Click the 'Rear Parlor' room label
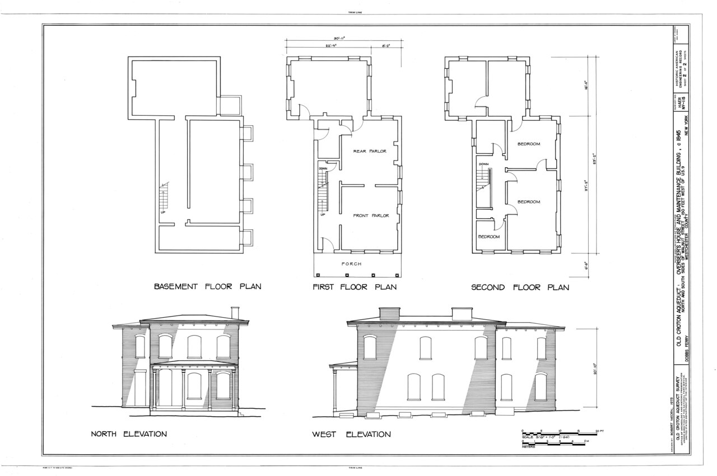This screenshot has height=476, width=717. click(370, 151)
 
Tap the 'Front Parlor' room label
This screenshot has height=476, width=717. click(370, 215)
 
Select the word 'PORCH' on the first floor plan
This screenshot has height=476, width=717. click(351, 264)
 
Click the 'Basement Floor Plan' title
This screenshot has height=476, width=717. click(208, 287)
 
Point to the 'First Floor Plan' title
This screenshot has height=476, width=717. click(355, 287)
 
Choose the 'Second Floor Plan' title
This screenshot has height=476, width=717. click(520, 288)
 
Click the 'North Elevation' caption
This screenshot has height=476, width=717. click(129, 434)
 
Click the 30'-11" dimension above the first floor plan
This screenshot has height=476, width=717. click(339, 39)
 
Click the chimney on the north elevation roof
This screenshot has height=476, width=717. click(235, 312)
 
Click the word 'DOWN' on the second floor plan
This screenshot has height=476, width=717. click(484, 164)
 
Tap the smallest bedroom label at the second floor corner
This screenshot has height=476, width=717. click(488, 237)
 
